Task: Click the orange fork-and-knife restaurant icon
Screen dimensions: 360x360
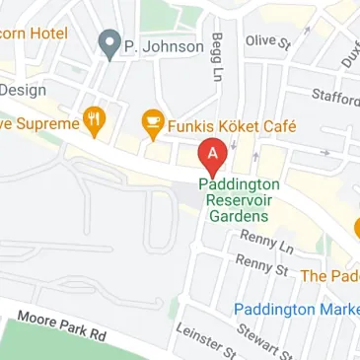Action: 95,122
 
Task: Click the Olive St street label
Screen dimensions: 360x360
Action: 269,42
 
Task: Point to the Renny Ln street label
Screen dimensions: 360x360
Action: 266,243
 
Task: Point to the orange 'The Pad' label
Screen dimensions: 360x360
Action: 329,276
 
